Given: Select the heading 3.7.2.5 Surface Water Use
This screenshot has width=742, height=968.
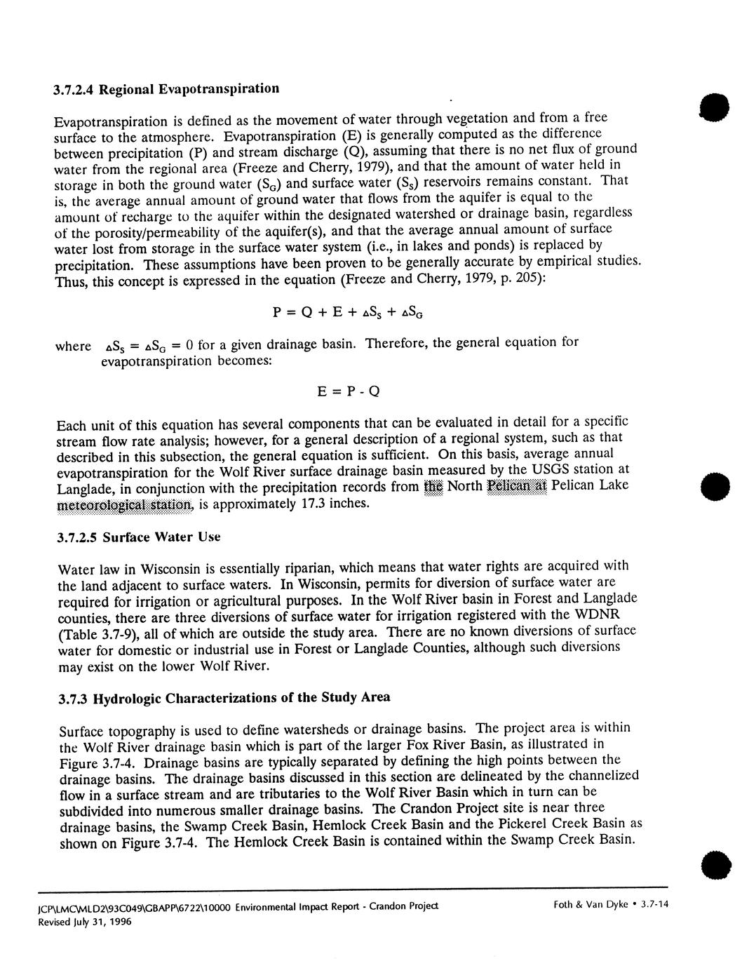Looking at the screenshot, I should [x=138, y=537].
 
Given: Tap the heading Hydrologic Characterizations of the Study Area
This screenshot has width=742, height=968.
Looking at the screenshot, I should [x=241, y=698].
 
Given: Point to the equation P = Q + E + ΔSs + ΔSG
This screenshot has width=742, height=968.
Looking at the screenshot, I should [x=347, y=313].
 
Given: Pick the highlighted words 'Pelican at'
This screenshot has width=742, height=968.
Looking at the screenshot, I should [x=516, y=486].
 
